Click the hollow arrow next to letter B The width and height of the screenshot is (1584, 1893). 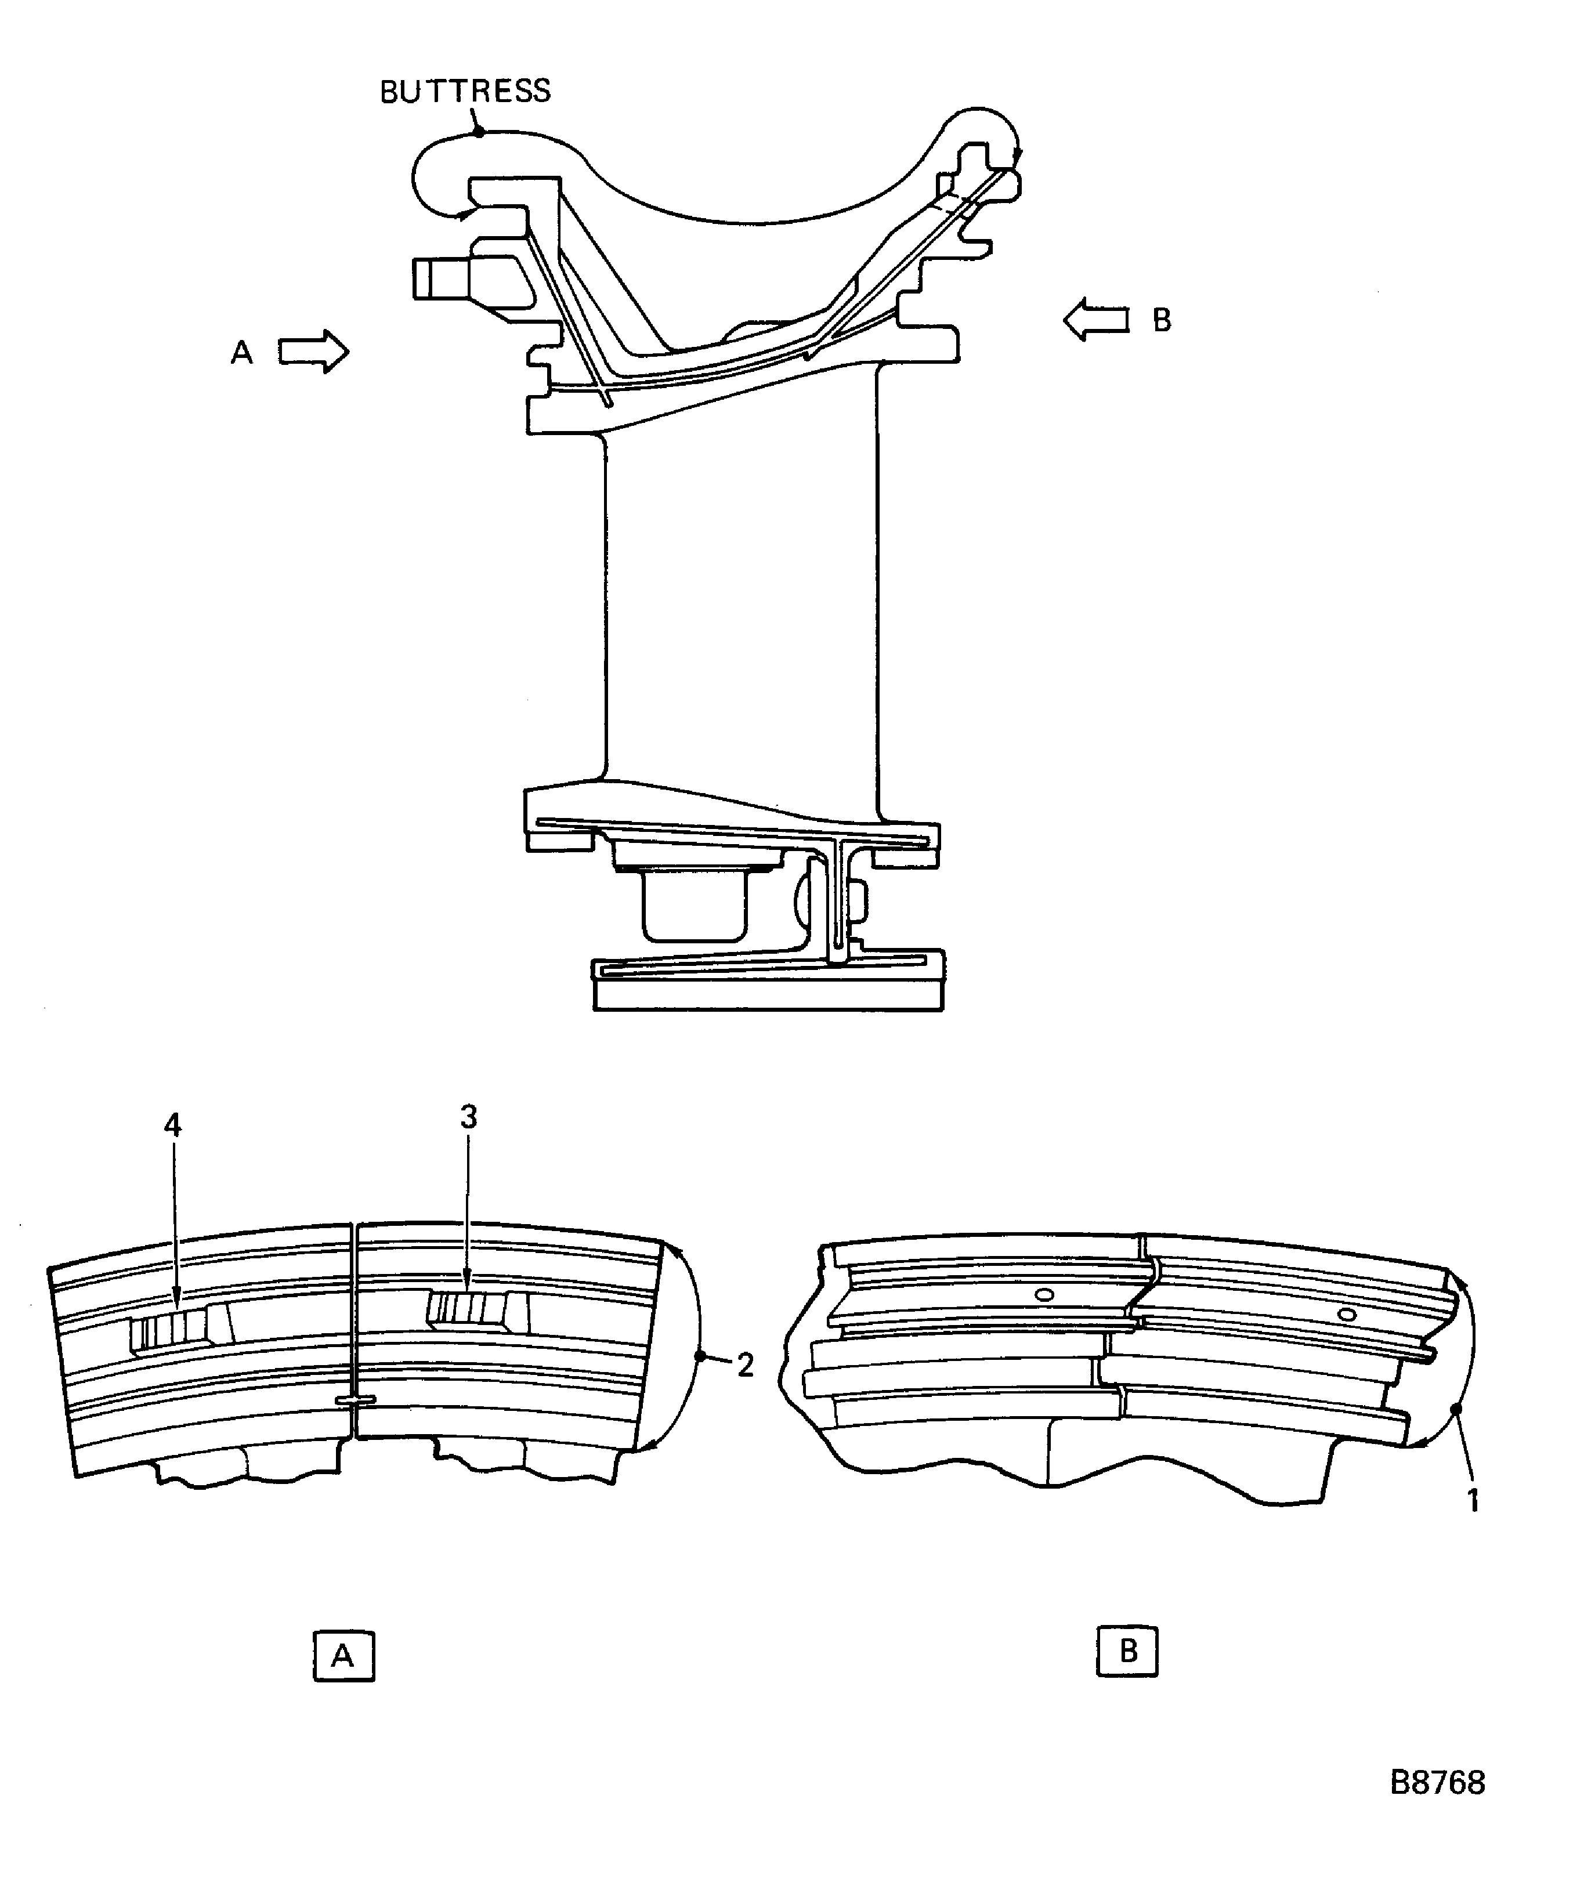(x=1095, y=320)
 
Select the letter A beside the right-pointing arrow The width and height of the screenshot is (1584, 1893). (x=241, y=353)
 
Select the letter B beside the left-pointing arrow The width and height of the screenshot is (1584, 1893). (x=1162, y=320)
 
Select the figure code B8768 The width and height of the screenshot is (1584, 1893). (x=1437, y=1782)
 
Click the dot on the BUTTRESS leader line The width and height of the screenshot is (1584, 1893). (x=480, y=132)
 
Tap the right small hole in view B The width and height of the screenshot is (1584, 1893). (x=1347, y=1314)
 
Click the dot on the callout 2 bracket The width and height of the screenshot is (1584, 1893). (x=700, y=1356)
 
